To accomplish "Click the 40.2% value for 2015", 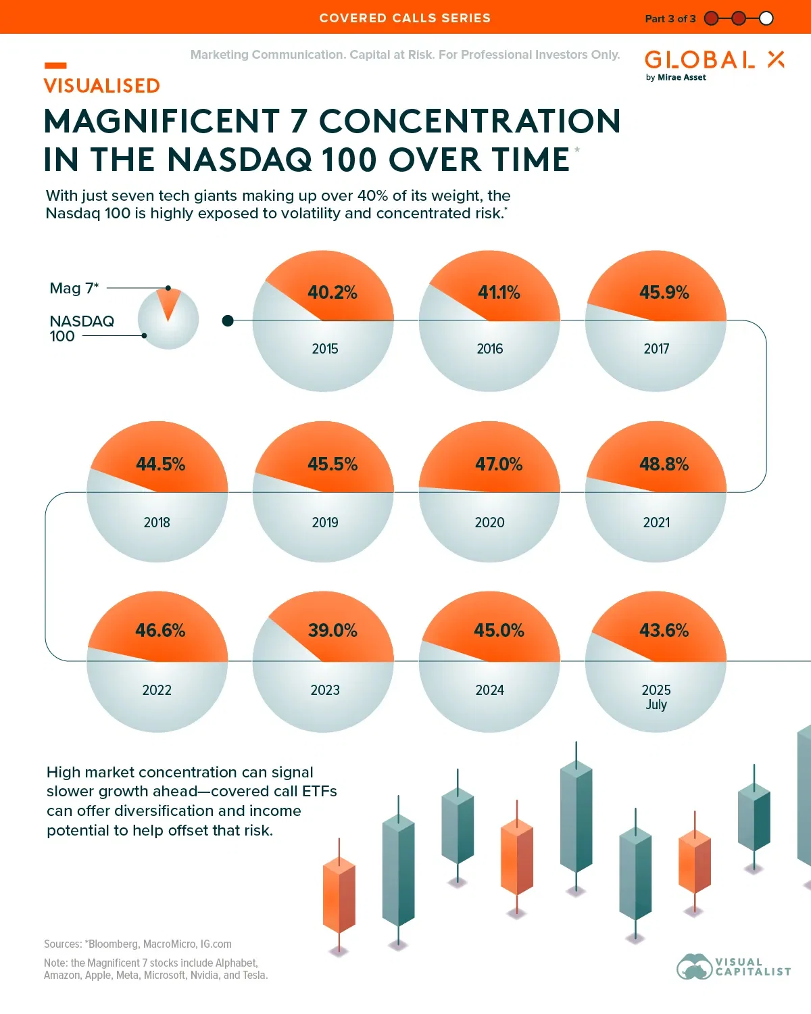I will coord(332,293).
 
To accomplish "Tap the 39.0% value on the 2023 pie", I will coord(333,631).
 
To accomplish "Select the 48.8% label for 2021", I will coord(664,464).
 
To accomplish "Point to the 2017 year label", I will coord(656,349).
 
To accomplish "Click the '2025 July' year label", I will coord(656,696).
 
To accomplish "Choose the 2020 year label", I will coord(489,523).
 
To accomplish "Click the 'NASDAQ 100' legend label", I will coord(81,329).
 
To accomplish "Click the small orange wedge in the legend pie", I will coord(168,303).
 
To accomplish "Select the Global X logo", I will coord(714,65).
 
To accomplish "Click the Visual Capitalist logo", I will coord(733,967).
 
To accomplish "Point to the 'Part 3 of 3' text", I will coord(670,18).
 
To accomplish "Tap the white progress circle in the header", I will coord(766,18).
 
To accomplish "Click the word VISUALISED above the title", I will coord(102,86).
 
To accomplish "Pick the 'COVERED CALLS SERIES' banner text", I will coord(405,18).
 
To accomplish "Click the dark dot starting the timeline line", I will coord(228,320).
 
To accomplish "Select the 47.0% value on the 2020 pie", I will coord(499,464).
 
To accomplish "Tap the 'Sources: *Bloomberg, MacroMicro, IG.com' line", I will coord(138,944).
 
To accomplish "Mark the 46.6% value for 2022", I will coord(160,631).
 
